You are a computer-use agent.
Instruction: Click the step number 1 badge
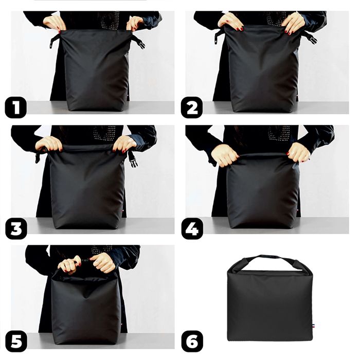click(x=15, y=109)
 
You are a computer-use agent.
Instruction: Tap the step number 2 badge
click(x=191, y=109)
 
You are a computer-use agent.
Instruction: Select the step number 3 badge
click(x=15, y=228)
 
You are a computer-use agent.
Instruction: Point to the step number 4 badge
click(x=191, y=228)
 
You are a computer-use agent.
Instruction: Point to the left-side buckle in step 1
click(x=55, y=40)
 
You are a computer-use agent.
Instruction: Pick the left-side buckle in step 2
click(x=219, y=36)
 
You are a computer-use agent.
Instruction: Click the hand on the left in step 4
click(x=224, y=154)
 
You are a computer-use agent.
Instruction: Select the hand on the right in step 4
click(x=299, y=152)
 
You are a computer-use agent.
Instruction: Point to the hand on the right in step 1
click(x=135, y=23)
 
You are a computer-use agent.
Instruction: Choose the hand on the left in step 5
click(x=69, y=264)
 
